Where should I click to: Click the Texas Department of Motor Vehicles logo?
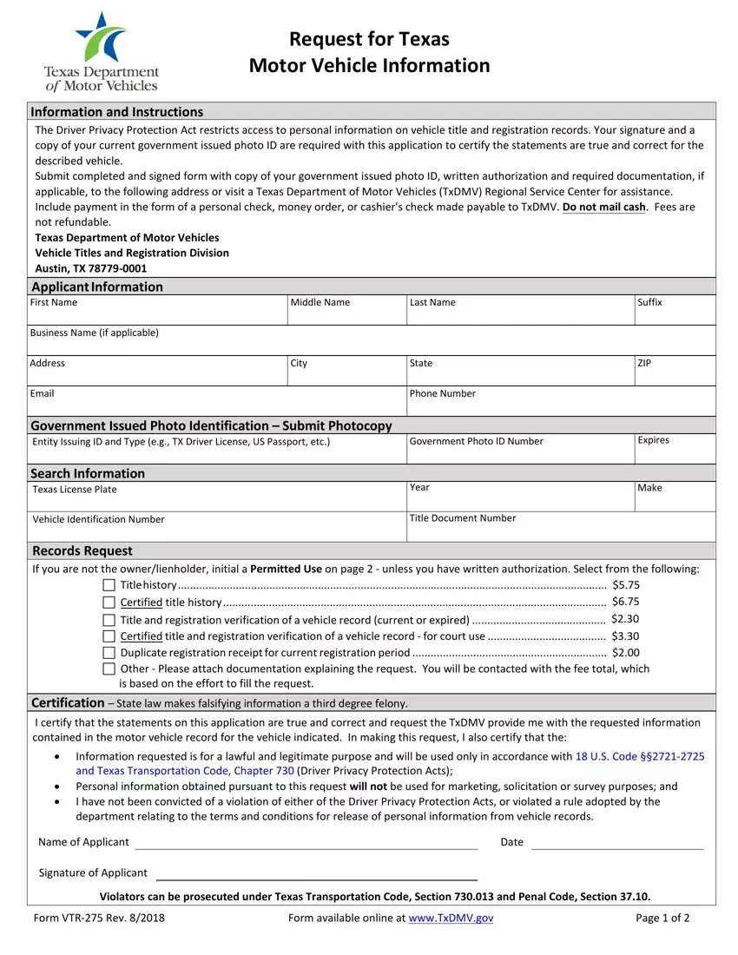102,52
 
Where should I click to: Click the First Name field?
158,315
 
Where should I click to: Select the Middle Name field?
346,315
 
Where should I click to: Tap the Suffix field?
675,315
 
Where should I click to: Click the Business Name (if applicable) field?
372,345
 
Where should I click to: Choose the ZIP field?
675,375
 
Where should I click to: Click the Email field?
216,405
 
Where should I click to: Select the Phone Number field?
561,405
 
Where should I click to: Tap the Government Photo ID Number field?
519,452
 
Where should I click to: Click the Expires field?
675,452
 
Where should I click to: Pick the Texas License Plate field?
216,501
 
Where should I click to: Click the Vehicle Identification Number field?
216,530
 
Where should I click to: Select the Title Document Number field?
561,530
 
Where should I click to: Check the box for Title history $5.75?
109,586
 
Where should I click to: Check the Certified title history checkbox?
109,603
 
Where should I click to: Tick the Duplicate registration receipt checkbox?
109,652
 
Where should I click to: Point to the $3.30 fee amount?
625,636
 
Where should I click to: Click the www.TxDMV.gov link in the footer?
451,919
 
